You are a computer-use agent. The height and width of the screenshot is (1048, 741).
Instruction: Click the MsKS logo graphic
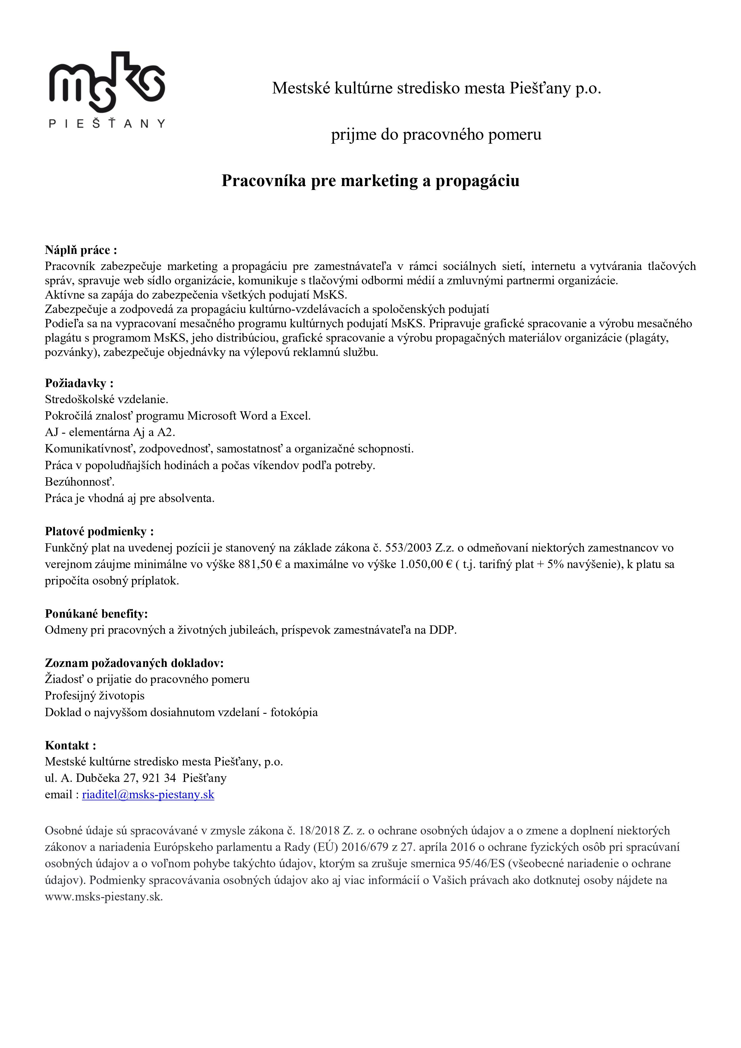(107, 82)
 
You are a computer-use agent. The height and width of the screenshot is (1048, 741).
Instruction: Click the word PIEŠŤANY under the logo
(107, 124)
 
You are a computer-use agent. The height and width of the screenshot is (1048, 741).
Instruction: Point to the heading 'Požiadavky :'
(79, 383)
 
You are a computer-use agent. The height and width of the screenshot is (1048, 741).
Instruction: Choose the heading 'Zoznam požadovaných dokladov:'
(134, 663)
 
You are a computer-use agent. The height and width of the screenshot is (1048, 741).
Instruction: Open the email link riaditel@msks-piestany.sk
(148, 795)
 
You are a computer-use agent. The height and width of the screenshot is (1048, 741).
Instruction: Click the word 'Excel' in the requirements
(294, 416)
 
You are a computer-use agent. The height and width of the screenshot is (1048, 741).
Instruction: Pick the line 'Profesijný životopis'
(94, 696)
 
